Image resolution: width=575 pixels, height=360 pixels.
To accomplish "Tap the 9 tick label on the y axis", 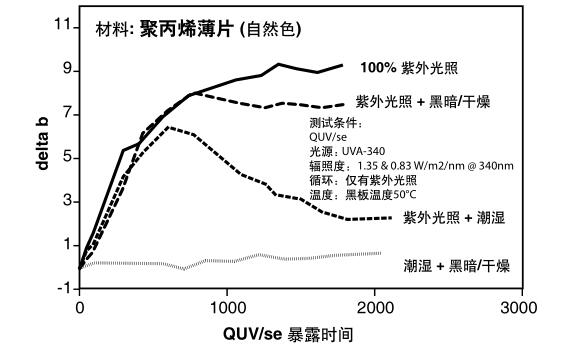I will click(65, 70).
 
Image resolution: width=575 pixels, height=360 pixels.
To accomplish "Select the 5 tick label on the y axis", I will click(65, 157).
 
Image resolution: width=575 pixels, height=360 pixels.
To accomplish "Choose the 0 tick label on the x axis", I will click(80, 307).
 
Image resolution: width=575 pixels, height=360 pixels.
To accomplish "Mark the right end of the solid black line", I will click(343, 65).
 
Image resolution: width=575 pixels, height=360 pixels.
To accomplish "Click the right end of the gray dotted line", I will click(381, 253).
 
